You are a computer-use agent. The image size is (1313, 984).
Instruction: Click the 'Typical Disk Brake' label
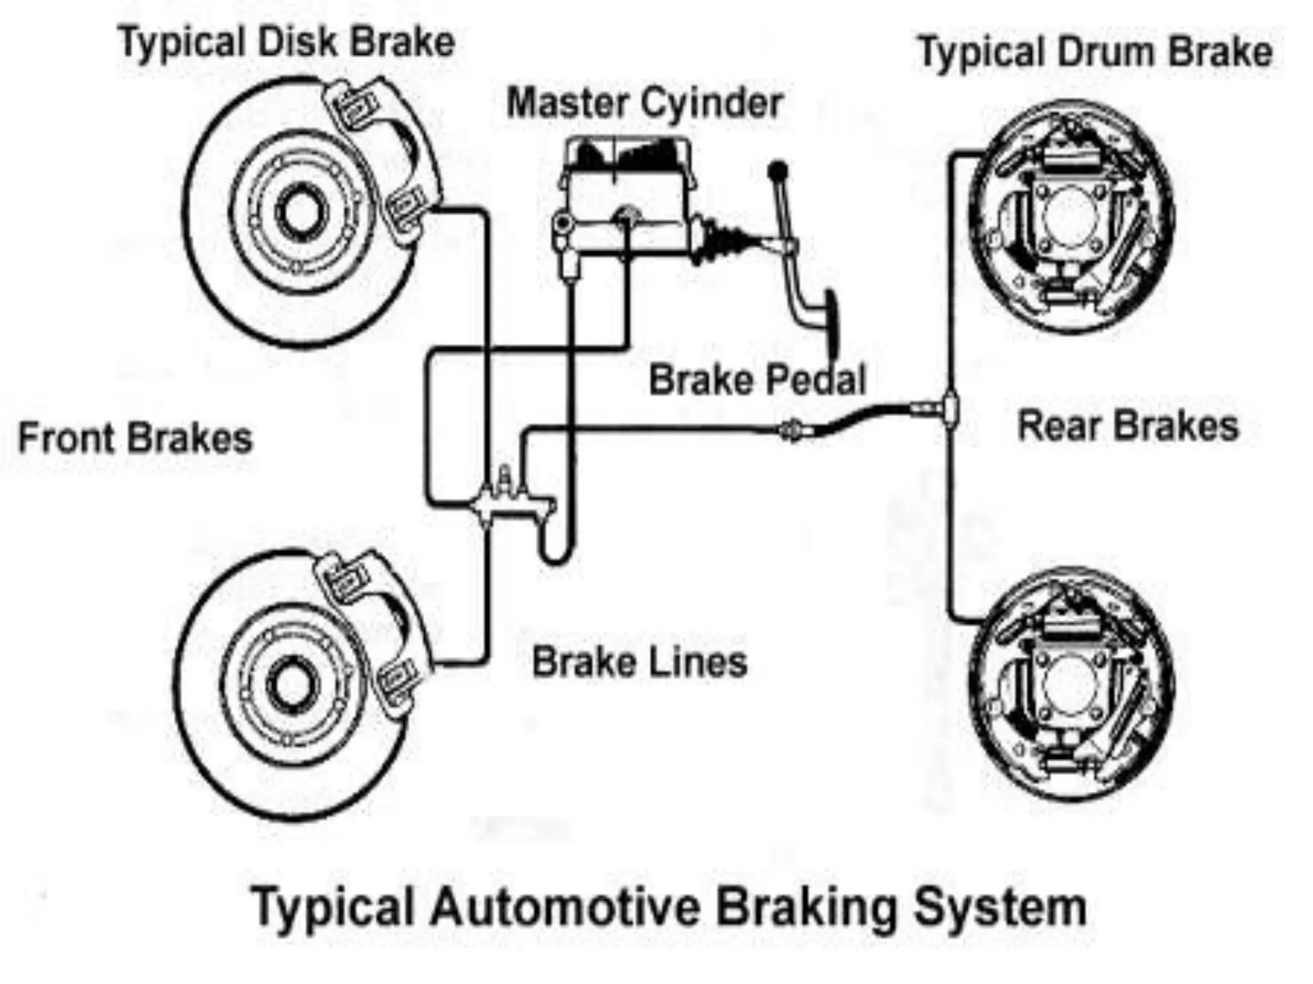point(287,43)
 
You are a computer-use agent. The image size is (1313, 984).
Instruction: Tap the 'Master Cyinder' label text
point(644,103)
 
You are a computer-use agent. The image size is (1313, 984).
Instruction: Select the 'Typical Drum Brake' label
point(1096,53)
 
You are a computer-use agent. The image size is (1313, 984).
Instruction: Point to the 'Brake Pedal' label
point(757,379)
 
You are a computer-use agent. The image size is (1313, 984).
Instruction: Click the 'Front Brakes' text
point(135,438)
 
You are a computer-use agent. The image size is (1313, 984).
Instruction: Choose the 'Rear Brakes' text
point(1128,427)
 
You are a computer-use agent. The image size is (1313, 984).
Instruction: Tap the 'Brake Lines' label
point(640,662)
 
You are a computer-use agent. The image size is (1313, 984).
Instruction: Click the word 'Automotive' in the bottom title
point(564,907)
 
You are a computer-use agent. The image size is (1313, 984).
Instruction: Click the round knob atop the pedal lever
point(778,171)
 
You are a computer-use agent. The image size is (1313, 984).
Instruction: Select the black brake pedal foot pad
point(832,324)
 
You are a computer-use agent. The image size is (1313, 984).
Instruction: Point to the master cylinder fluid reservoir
point(627,158)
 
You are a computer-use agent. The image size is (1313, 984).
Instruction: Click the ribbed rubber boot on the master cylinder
point(728,240)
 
